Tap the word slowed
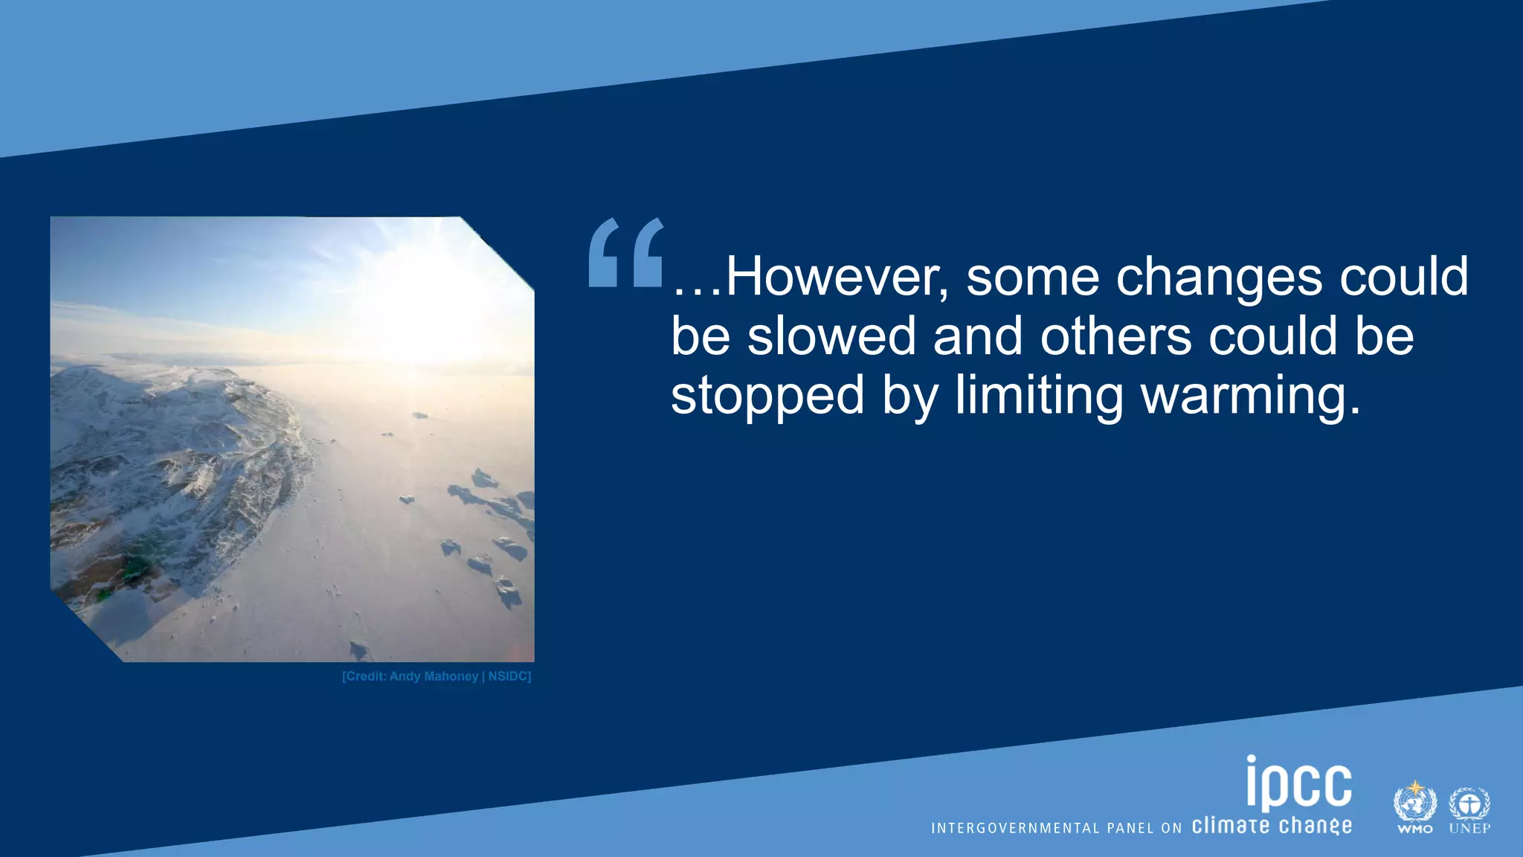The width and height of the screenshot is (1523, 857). pyautogui.click(x=831, y=336)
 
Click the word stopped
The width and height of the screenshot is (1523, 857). pyautogui.click(x=767, y=395)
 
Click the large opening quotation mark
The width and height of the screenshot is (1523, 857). pyautogui.click(x=625, y=252)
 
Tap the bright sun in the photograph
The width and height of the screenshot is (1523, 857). pyautogui.click(x=416, y=298)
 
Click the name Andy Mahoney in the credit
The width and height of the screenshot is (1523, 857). pyautogui.click(x=434, y=676)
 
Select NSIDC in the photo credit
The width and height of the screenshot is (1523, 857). pyautogui.click(x=509, y=676)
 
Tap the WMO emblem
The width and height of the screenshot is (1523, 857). pyautogui.click(x=1414, y=807)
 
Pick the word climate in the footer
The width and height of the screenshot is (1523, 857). pyautogui.click(x=1231, y=826)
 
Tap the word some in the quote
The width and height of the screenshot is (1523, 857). pyautogui.click(x=1032, y=277)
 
